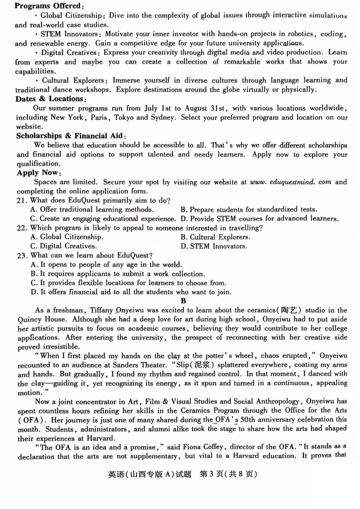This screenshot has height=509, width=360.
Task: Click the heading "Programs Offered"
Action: pos(49,6)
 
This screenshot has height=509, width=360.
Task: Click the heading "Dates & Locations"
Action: pos(51,99)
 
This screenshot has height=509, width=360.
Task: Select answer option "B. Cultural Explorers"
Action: pos(215,237)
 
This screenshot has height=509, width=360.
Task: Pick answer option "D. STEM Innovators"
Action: pos(214,246)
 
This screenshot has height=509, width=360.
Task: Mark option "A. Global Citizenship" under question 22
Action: pos(67,237)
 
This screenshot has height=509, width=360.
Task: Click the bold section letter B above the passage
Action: pos(183,301)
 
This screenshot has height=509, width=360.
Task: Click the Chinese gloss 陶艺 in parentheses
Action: pos(289,310)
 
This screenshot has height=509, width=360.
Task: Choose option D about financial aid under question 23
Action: pos(131,292)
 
